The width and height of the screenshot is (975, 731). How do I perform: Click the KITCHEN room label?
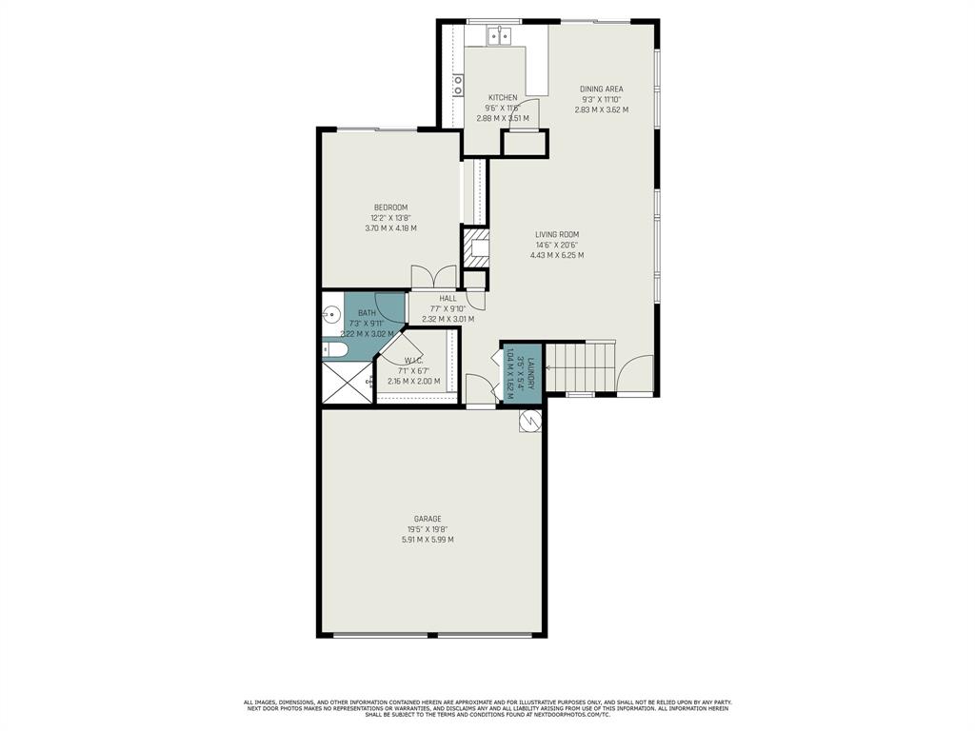[503, 98]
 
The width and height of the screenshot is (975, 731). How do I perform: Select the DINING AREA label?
[601, 89]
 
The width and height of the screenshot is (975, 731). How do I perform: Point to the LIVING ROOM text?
[557, 234]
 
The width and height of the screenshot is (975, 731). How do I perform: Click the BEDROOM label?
[390, 207]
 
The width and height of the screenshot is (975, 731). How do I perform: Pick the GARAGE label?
[428, 519]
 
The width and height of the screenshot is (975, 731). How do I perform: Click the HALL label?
[448, 299]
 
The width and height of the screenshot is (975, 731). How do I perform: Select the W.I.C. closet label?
[413, 361]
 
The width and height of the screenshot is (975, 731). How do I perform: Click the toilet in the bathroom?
[334, 349]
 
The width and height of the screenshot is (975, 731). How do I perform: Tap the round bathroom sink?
[332, 314]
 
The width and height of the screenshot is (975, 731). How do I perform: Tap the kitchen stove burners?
[458, 85]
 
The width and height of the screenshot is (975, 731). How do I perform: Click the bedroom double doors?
[433, 277]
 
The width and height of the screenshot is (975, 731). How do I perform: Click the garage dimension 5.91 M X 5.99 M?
[428, 540]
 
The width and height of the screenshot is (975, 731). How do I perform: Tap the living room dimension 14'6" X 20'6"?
[557, 245]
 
